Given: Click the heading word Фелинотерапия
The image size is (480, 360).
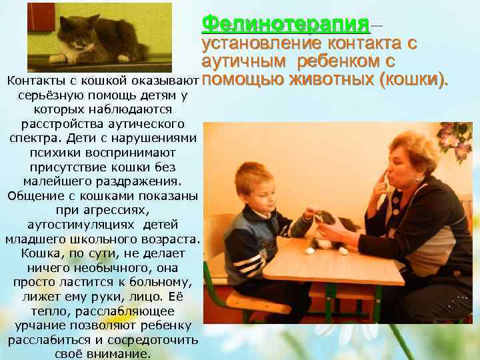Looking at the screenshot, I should pos(285,25).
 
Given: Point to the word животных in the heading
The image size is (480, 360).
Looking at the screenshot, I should pos(331,81).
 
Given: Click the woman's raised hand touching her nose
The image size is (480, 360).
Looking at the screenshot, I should pos(379,180).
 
